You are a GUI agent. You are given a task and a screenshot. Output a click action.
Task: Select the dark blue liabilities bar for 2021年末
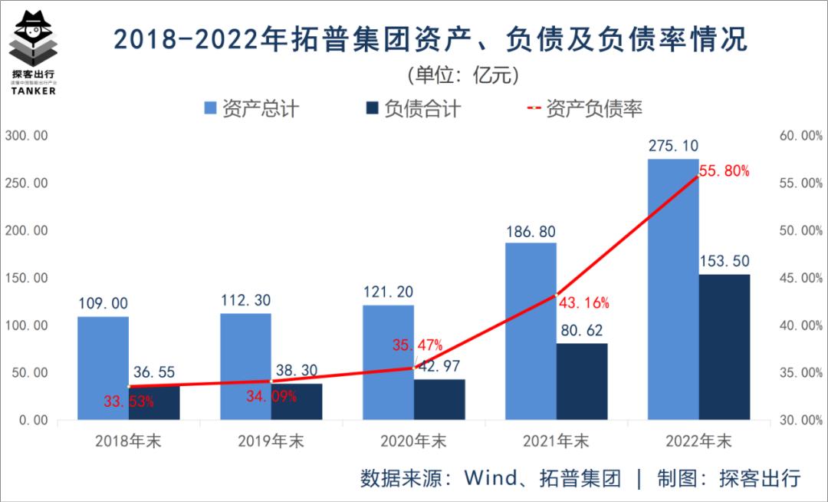(x=582, y=381)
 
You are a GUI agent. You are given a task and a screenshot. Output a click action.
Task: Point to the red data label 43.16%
(x=584, y=303)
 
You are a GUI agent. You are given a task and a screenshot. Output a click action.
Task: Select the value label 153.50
(x=724, y=261)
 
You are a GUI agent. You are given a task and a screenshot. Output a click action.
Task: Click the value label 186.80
(x=531, y=231)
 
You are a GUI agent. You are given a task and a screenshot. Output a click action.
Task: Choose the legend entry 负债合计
(x=413, y=108)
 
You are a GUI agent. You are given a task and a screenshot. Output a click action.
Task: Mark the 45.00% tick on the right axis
(x=799, y=278)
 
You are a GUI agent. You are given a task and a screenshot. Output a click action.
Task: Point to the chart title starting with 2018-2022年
(x=429, y=39)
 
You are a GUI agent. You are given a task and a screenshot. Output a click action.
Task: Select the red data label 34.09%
(x=271, y=397)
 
